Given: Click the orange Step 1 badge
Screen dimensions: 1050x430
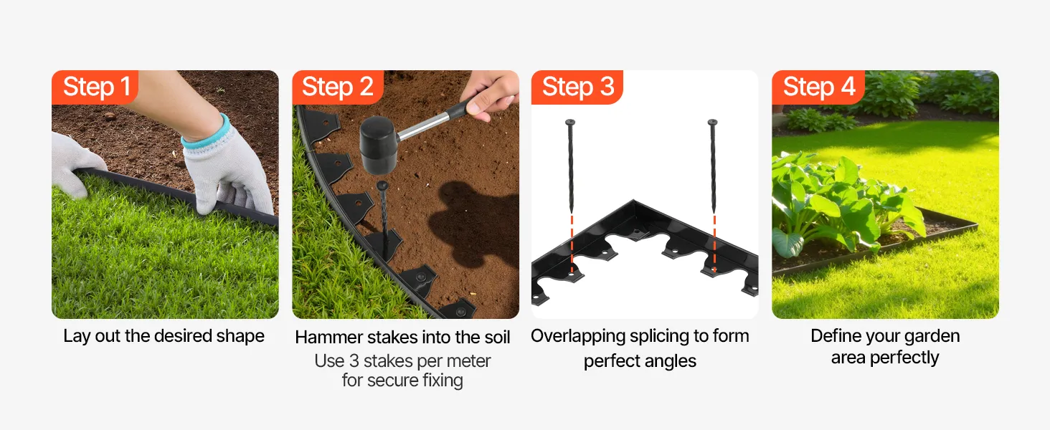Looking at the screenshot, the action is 95,87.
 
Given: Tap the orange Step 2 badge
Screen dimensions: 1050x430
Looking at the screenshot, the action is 338,87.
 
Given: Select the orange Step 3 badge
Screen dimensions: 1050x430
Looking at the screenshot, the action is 577,87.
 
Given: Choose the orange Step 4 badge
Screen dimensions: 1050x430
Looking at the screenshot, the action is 818,87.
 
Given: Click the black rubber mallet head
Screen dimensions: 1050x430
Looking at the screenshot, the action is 378,144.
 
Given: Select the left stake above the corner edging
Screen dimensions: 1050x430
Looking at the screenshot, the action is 570,166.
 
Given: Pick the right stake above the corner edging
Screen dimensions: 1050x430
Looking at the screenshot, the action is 712,166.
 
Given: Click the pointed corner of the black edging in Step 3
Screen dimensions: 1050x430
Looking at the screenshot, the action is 634,201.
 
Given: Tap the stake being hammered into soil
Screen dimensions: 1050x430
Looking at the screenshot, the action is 384,216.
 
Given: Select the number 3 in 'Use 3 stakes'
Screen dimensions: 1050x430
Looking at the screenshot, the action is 354,361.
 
